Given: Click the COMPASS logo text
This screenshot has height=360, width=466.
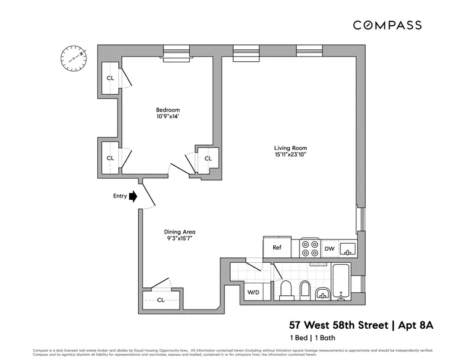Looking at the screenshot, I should (387, 25).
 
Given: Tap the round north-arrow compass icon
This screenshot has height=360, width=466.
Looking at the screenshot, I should (73, 58).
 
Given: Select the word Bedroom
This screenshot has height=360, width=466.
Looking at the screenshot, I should (168, 110).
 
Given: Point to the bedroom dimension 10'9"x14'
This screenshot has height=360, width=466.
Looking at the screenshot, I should (168, 117).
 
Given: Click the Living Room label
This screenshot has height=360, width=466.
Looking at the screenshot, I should (291, 148).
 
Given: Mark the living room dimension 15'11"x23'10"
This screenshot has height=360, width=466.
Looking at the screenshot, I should (291, 155).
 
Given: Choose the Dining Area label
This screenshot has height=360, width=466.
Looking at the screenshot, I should (180, 232).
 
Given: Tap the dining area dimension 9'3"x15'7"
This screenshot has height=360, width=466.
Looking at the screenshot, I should (180, 239).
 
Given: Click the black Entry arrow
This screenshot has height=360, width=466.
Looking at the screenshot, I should (133, 196).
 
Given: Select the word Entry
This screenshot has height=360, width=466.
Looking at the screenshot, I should (120, 196).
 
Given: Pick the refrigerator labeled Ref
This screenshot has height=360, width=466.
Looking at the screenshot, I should (277, 247).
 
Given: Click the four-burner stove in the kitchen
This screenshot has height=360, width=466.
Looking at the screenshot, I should (310, 248).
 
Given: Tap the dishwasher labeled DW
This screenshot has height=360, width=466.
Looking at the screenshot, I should (329, 248).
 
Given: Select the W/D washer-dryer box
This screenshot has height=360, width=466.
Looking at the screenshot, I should (253, 292).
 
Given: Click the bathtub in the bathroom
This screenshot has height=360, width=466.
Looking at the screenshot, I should (341, 281).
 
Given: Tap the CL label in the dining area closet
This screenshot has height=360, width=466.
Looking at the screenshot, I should (160, 299).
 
